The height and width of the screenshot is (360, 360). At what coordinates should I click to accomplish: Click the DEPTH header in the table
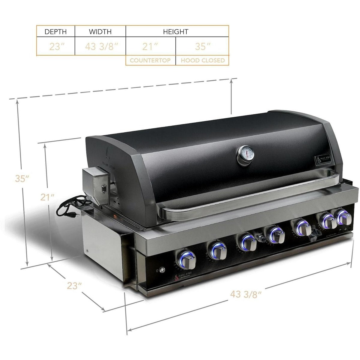55,31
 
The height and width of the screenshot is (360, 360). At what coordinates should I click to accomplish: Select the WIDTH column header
100,31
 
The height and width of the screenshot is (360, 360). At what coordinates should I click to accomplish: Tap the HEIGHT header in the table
175,31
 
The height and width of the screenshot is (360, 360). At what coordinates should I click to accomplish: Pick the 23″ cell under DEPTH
55,47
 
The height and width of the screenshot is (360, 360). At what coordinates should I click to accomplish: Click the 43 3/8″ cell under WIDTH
100,47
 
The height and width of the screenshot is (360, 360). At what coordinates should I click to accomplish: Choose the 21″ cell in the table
150,47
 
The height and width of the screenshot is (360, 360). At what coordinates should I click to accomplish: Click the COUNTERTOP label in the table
150,60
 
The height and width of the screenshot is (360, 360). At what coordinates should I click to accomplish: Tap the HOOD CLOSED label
202,60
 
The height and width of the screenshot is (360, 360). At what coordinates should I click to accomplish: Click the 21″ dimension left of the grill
48,197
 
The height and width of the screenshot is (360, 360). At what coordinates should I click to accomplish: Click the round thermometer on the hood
246,155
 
